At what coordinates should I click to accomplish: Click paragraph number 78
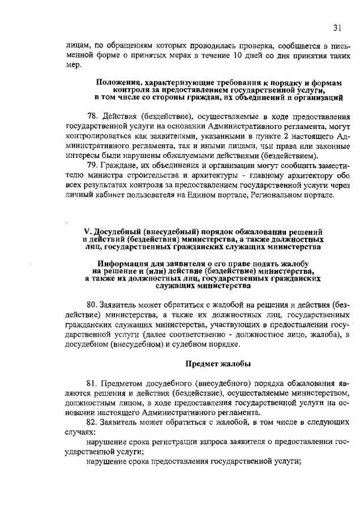[93, 117]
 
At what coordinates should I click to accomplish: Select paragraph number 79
[93, 165]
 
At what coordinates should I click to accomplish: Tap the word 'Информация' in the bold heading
[123, 264]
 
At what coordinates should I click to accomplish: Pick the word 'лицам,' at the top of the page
[78, 45]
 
